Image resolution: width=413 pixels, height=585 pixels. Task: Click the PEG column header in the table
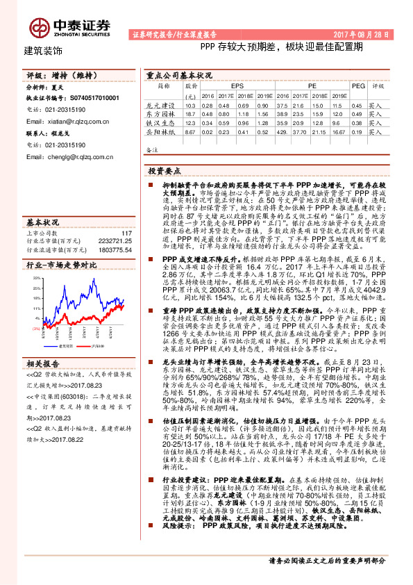pyautogui.click(x=357, y=86)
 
